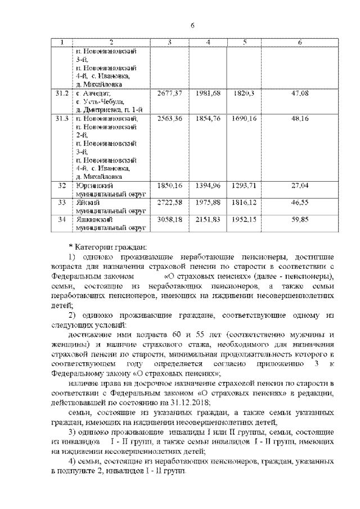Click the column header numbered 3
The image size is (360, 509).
point(169,43)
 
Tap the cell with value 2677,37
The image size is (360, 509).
point(169,93)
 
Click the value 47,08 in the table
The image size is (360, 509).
point(300,93)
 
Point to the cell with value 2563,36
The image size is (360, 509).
point(169,119)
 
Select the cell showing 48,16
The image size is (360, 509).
point(300,119)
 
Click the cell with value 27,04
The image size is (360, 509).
point(300,185)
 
